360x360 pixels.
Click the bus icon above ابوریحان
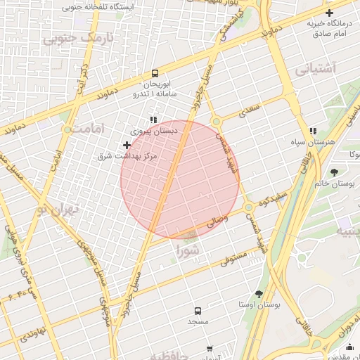[155, 73]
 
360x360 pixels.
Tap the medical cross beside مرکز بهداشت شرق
[127, 145]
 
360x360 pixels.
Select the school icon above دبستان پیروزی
[153, 120]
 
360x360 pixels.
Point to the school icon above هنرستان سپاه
[313, 131]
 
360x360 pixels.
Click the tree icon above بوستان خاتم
[334, 172]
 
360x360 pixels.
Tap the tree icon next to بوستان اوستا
[259, 294]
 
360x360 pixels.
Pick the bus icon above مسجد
[198, 310]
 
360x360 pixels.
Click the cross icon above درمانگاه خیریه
[329, 13]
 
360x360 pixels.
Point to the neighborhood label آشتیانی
[316, 68]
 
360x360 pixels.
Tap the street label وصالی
[217, 221]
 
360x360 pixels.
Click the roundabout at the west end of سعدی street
[217, 121]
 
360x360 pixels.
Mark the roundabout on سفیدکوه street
[249, 207]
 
